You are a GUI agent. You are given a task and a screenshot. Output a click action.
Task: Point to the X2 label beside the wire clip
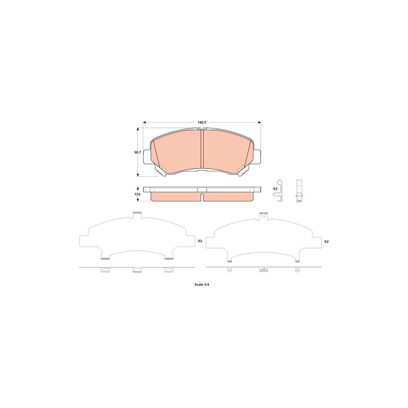point(275,189)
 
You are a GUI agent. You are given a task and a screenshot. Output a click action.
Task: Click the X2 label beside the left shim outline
point(200,242)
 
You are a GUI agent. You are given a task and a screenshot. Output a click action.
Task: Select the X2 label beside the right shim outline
point(326,242)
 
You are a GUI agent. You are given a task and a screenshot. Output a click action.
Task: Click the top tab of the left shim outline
point(137,215)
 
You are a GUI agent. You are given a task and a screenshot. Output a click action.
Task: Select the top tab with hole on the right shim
point(262,216)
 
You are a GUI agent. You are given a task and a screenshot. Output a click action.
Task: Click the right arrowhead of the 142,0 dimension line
point(260,122)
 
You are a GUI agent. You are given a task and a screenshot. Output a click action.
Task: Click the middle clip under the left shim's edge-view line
point(137,270)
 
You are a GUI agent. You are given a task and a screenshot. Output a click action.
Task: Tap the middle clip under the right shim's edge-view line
point(262,269)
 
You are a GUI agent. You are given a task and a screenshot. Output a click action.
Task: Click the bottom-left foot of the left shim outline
point(105,259)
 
